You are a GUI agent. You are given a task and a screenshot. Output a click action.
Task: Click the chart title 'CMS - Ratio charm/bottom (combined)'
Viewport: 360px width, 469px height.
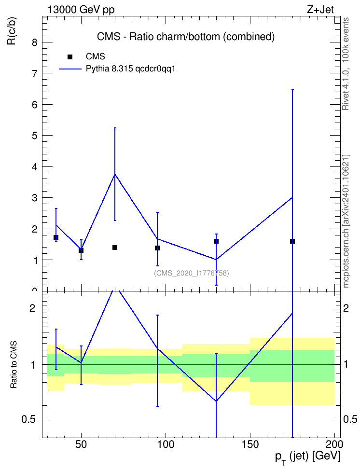185,37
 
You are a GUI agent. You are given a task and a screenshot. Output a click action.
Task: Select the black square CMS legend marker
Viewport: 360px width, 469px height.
70,57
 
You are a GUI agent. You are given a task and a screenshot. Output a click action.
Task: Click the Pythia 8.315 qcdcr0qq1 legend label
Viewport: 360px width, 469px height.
130,69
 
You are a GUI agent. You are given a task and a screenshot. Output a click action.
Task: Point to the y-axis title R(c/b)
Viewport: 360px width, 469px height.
12,31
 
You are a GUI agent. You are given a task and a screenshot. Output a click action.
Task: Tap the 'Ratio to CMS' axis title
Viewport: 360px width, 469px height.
14,365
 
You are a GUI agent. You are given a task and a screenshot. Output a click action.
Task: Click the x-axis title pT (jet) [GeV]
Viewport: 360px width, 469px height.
307,457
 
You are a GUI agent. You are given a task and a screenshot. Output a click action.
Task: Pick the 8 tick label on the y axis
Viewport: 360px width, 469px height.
35,42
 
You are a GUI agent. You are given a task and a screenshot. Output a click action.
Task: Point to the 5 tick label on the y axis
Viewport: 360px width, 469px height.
35,136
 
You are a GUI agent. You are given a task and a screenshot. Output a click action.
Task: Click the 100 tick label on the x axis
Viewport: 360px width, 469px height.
166,444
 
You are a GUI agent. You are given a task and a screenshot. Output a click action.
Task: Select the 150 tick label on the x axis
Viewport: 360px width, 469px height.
250,444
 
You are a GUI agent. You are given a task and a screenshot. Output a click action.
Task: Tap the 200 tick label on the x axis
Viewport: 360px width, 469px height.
334,444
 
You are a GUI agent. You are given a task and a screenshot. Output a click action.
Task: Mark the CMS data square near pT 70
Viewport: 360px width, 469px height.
115,248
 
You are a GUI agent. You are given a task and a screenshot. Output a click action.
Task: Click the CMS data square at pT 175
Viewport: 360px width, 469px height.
292,241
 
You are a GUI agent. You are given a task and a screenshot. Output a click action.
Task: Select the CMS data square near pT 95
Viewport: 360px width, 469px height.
157,248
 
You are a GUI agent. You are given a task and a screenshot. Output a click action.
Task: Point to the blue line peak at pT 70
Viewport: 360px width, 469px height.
115,174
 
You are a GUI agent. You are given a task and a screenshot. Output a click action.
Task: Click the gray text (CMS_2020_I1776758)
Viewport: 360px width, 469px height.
192,273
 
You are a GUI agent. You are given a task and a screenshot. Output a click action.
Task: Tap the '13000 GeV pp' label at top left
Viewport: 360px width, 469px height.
81,10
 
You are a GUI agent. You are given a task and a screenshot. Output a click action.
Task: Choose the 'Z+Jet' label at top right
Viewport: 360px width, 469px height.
320,10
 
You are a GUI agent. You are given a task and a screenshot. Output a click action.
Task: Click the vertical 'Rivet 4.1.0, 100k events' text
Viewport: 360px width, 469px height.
346,64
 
